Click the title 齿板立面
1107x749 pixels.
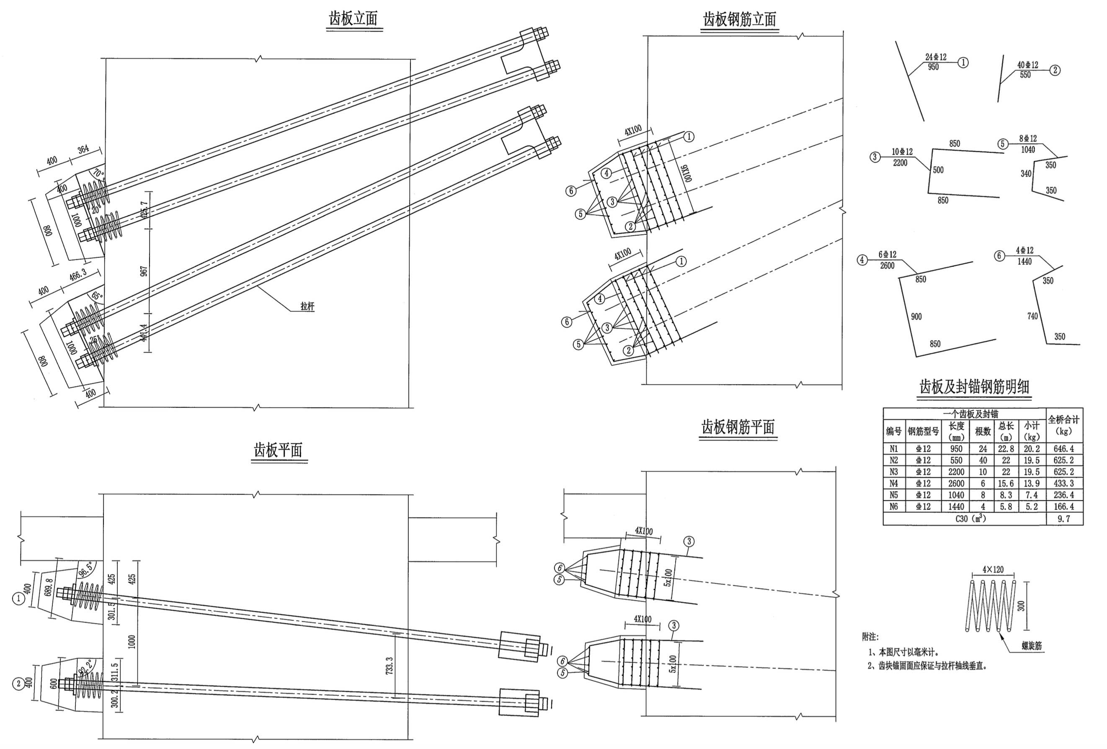[x=353, y=18]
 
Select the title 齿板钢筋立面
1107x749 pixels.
[x=739, y=20]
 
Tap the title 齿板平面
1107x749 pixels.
[x=278, y=450]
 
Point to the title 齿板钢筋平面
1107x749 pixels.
[x=738, y=427]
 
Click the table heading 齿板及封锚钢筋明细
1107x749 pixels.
[x=974, y=387]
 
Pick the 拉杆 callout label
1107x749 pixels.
[x=307, y=306]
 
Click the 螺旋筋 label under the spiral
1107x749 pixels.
[x=1031, y=646]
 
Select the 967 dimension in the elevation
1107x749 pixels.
[x=144, y=271]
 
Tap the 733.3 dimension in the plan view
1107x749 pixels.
[x=390, y=665]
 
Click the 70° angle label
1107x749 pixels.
[x=98, y=172]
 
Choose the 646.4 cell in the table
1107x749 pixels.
[x=1064, y=448]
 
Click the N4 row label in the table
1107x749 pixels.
[x=894, y=483]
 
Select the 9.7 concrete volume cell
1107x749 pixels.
[x=1064, y=519]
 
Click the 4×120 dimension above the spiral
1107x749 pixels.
[x=993, y=569]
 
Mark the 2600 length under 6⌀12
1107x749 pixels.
[x=887, y=266]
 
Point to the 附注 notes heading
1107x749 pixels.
[x=870, y=637]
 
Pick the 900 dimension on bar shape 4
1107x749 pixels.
[x=916, y=317]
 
